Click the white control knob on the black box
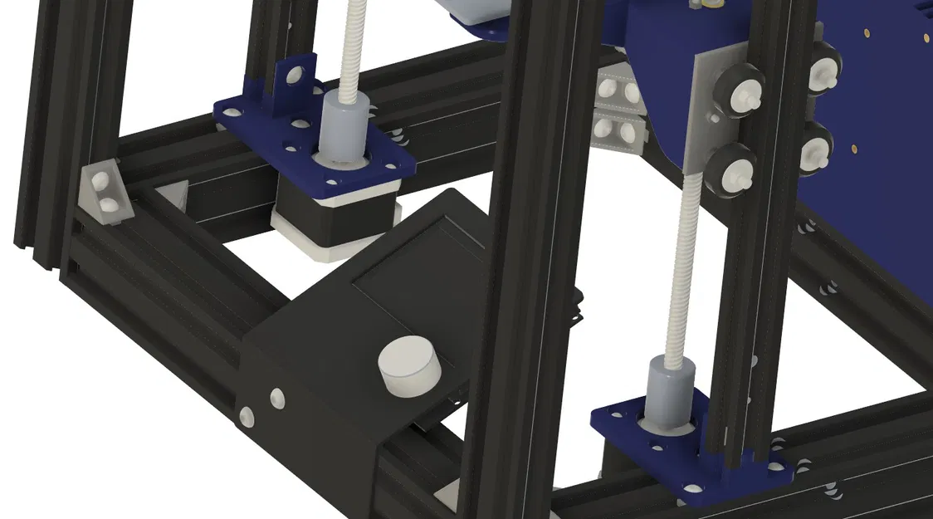(409, 367)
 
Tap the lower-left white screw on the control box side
(247, 415)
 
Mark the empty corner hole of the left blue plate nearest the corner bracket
(226, 108)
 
